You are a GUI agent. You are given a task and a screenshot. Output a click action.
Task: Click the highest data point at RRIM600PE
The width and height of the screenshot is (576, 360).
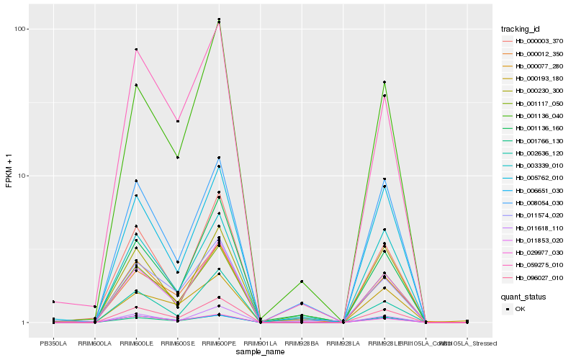point(219,19)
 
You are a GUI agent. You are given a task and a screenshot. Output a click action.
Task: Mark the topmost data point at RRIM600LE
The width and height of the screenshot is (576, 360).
point(136,49)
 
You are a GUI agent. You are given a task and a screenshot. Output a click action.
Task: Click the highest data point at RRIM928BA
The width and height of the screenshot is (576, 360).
point(302,282)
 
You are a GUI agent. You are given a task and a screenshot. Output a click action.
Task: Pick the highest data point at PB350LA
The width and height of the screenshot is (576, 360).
point(53,302)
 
